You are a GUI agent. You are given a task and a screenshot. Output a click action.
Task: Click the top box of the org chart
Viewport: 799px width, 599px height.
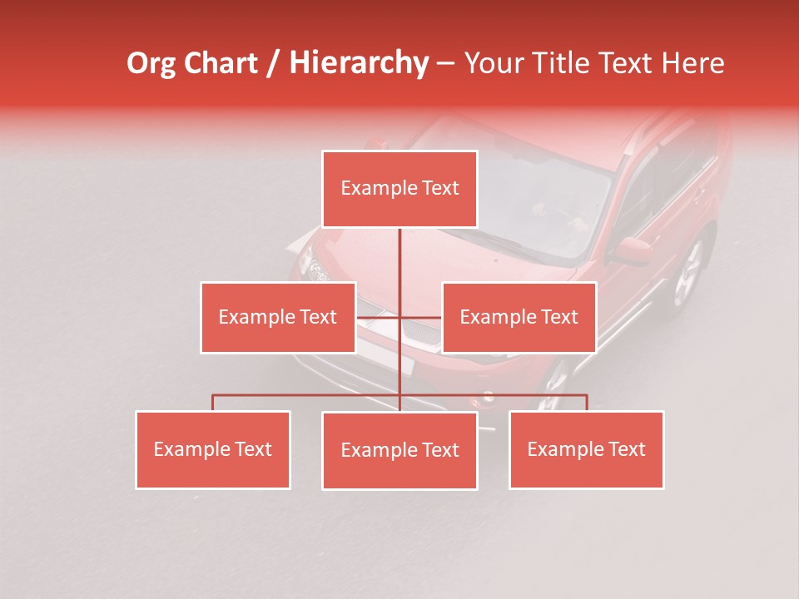coord(399,189)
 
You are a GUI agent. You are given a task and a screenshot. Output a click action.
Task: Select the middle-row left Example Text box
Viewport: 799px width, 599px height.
coord(278,317)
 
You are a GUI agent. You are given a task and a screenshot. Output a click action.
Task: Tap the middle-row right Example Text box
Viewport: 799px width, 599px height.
coord(519,317)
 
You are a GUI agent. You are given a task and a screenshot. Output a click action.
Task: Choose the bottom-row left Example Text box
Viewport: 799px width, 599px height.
coord(213,449)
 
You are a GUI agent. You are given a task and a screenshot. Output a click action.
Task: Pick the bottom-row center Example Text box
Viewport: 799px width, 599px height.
coord(399,450)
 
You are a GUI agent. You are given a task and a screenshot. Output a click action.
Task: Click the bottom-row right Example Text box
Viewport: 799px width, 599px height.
coord(586,449)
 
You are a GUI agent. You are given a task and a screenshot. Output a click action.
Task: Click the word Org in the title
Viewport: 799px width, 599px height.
coord(151,63)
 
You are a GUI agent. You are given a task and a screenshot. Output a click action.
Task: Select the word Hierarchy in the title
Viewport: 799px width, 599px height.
coord(358,63)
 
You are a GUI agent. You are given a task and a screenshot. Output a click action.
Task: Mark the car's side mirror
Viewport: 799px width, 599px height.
coord(633,249)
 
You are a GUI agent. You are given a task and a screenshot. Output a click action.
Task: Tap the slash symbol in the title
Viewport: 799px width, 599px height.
coord(273,63)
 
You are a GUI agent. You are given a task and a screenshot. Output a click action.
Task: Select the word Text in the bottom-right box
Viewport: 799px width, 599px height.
coord(625,449)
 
